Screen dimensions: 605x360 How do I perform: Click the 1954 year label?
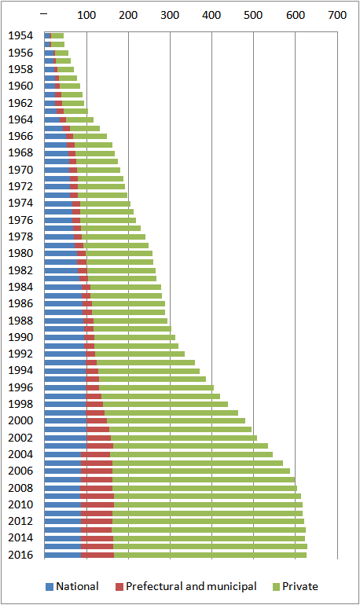[21, 36]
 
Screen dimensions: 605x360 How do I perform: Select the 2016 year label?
[21, 555]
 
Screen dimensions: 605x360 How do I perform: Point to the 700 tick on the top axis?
[336, 15]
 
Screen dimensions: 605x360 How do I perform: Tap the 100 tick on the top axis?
[86, 15]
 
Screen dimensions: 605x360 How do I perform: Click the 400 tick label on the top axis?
[211, 15]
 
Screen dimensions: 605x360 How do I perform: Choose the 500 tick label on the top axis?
[253, 15]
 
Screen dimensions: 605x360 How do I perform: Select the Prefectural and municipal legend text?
[191, 586]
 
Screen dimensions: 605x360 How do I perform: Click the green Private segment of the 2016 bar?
[210, 555]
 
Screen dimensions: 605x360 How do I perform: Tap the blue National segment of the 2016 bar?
[63, 555]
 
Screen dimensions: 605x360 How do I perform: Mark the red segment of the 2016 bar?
[97, 555]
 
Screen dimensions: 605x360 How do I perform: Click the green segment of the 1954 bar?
[57, 36]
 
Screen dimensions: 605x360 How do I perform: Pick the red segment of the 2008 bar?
[96, 488]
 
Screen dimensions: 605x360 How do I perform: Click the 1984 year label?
[21, 287]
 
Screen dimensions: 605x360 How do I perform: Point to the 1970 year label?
[21, 169]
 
